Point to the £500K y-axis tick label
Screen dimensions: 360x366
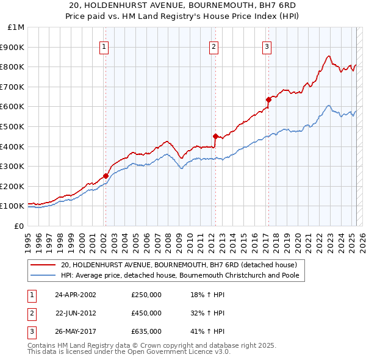13,126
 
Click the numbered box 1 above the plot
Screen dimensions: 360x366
104,46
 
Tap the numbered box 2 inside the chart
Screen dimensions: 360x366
214,46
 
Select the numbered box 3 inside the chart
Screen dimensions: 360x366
267,46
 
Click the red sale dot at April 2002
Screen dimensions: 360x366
106,176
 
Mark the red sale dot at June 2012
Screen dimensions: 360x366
215,136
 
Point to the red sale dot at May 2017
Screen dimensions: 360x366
268,99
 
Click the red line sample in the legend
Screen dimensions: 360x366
43,265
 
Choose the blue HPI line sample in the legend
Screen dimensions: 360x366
43,275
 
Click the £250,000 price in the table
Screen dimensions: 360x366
146,295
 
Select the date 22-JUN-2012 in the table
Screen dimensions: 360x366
76,313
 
